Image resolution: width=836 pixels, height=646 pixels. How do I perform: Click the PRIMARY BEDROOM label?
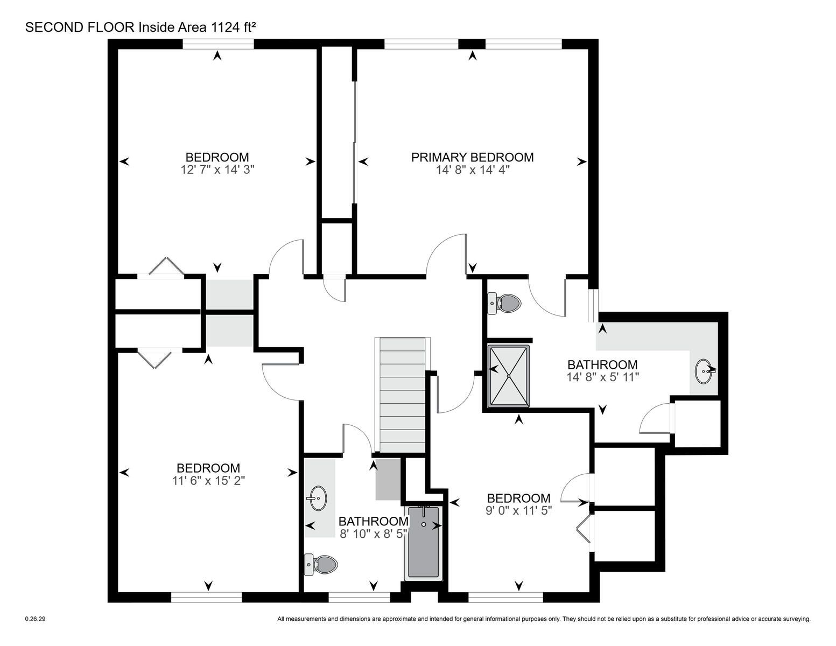[472, 157]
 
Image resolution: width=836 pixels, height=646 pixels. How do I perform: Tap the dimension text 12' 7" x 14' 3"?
[217, 170]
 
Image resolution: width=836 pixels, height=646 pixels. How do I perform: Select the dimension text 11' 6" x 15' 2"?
[208, 481]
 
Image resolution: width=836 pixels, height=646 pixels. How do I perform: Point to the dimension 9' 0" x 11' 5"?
[518, 510]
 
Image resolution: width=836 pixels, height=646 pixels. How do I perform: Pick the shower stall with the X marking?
[508, 376]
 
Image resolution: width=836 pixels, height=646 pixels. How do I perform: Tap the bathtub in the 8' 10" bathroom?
[423, 543]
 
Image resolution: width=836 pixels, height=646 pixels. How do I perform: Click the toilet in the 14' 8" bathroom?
[504, 303]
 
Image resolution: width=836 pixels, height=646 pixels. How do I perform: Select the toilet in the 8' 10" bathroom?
[320, 564]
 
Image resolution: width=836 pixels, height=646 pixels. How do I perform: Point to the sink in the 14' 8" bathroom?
[705, 371]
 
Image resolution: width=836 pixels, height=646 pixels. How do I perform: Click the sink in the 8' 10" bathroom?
[317, 498]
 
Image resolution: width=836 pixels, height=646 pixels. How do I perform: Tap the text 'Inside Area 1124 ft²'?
[197, 27]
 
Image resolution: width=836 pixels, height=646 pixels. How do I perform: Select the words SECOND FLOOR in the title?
[80, 27]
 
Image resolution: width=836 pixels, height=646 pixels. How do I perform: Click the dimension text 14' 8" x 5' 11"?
[602, 377]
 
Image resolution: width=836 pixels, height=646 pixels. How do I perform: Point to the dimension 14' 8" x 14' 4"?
[473, 170]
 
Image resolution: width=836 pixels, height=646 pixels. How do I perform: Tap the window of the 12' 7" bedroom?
[218, 44]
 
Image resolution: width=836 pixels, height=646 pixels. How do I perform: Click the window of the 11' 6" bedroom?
[206, 597]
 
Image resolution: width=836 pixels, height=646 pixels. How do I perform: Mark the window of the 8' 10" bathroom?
[359, 597]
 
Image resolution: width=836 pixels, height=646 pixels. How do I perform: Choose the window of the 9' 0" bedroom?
[505, 597]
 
